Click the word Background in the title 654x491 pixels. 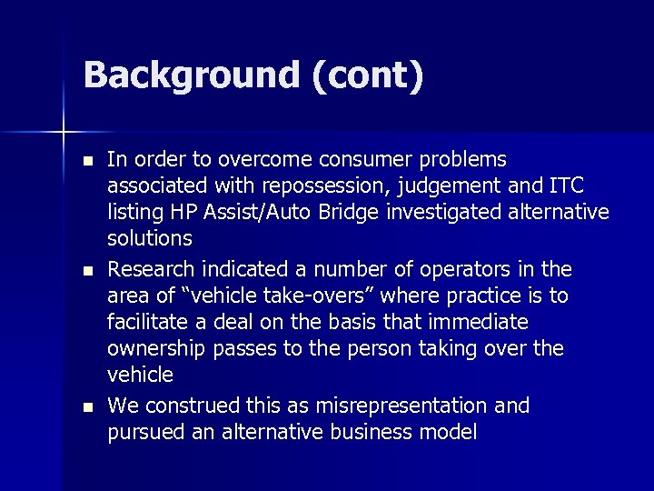[190, 76]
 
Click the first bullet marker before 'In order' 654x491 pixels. [87, 161]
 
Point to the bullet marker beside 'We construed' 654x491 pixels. [87, 407]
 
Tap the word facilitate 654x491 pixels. [146, 323]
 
